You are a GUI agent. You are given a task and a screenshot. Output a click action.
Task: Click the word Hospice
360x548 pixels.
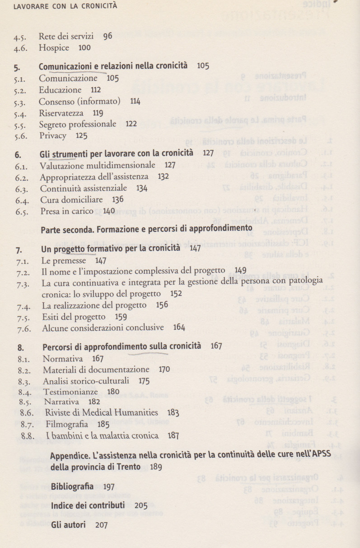54,48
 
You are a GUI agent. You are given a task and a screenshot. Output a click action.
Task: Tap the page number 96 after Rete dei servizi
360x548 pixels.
108,37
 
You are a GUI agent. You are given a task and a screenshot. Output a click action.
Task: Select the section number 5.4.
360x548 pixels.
22,113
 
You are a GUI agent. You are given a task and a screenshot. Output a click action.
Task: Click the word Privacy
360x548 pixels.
52,136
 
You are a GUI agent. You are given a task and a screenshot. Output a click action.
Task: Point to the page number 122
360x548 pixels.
131,124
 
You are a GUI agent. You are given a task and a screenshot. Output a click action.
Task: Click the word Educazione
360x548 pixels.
60,90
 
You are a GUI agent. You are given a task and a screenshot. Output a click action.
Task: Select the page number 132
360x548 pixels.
163,177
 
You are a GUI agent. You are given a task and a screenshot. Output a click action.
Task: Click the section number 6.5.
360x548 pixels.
23,211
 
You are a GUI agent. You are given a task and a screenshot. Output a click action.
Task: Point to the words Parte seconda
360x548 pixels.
66,229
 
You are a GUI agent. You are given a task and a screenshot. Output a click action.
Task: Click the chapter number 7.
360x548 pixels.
19,249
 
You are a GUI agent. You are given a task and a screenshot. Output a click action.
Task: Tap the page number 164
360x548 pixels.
179,328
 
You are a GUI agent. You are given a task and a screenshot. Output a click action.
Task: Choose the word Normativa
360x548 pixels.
63,359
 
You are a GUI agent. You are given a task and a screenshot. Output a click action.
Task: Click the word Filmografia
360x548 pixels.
67,424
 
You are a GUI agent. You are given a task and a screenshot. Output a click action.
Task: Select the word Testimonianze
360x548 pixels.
71,392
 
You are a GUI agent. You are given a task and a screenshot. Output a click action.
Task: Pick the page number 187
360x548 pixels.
173,436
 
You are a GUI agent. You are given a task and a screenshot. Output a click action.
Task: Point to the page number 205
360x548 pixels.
141,506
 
